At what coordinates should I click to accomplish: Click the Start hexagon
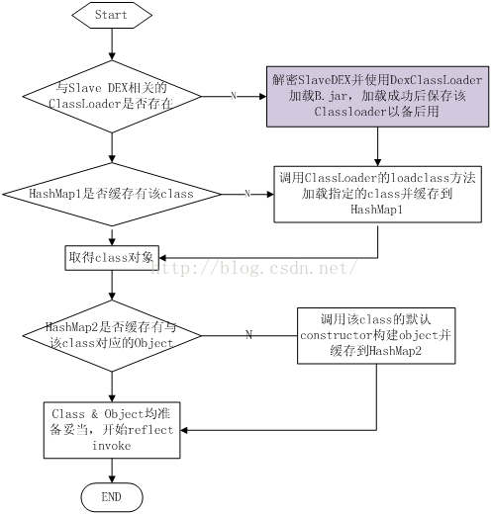112,15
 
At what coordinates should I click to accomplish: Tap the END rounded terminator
112,497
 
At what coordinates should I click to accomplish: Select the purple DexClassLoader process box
377,96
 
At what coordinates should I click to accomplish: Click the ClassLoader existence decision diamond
112,97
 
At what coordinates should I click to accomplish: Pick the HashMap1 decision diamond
112,194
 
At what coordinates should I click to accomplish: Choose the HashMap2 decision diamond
112,336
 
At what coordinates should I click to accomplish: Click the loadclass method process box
377,194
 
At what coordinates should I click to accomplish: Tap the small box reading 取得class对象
112,258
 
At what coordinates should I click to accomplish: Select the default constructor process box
376,336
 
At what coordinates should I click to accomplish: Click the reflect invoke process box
112,430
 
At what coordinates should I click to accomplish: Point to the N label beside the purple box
234,96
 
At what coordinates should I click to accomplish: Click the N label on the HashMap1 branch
247,194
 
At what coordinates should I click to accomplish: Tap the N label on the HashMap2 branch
249,335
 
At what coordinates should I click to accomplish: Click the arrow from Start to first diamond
112,44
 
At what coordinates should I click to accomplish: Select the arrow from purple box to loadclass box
377,146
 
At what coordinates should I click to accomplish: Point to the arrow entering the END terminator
112,471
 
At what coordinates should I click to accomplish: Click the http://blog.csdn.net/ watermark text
254,268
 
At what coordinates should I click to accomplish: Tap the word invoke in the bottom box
112,446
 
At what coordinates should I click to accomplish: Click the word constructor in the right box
337,335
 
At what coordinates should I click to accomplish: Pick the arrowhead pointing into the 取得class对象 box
162,258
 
